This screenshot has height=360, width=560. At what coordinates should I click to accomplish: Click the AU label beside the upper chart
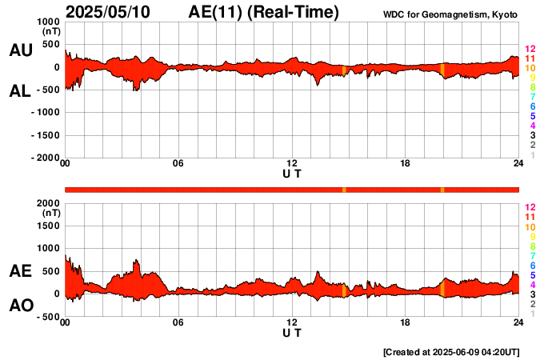tap(20, 50)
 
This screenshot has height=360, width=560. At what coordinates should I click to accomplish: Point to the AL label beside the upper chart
tap(20, 91)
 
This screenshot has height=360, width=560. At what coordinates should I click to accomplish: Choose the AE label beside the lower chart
tap(20, 271)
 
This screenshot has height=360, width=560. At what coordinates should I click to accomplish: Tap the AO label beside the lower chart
tap(20, 306)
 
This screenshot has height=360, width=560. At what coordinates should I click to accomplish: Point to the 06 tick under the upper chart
tap(178, 164)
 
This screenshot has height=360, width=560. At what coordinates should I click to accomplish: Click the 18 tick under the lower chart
tap(406, 322)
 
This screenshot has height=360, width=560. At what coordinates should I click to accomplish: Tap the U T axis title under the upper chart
tap(291, 174)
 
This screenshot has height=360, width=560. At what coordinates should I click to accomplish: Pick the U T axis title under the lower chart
tap(291, 332)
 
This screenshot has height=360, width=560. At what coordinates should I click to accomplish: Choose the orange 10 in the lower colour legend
tap(529, 227)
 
